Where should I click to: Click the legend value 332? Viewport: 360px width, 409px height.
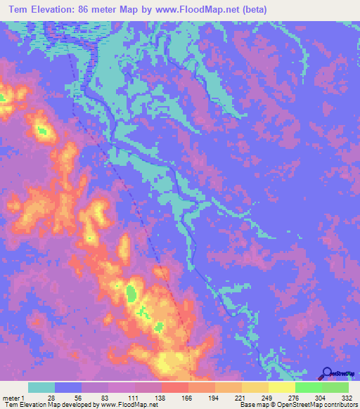pos(348,398)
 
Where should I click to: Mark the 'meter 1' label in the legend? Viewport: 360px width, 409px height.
pos(13,398)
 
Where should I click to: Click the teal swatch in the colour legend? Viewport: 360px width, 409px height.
pos(41,387)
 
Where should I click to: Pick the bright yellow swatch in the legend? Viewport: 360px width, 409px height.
pos(281,387)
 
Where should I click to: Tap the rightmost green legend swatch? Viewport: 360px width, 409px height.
pos(335,387)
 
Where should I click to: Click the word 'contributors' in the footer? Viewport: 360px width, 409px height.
pos(337,405)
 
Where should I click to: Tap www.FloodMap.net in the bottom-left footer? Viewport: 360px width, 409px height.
pos(129,405)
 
